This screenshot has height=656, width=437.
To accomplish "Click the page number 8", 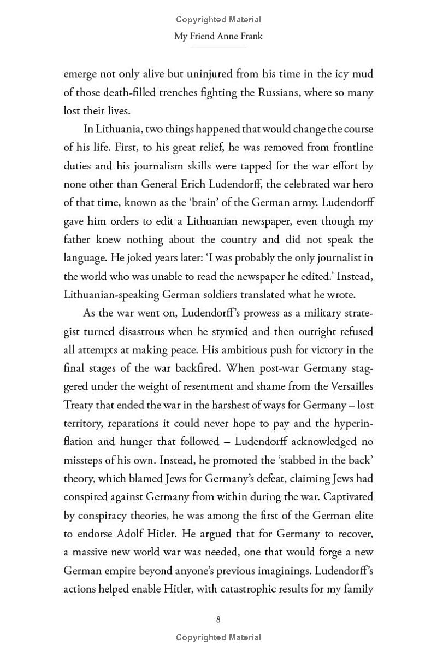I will click(x=218, y=619).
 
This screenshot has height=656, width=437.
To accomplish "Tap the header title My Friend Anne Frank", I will click(x=218, y=37).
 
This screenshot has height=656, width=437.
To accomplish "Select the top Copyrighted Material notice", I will click(x=218, y=20).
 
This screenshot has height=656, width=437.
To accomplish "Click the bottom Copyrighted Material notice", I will click(x=218, y=637).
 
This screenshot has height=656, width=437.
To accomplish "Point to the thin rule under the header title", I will click(x=218, y=48).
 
